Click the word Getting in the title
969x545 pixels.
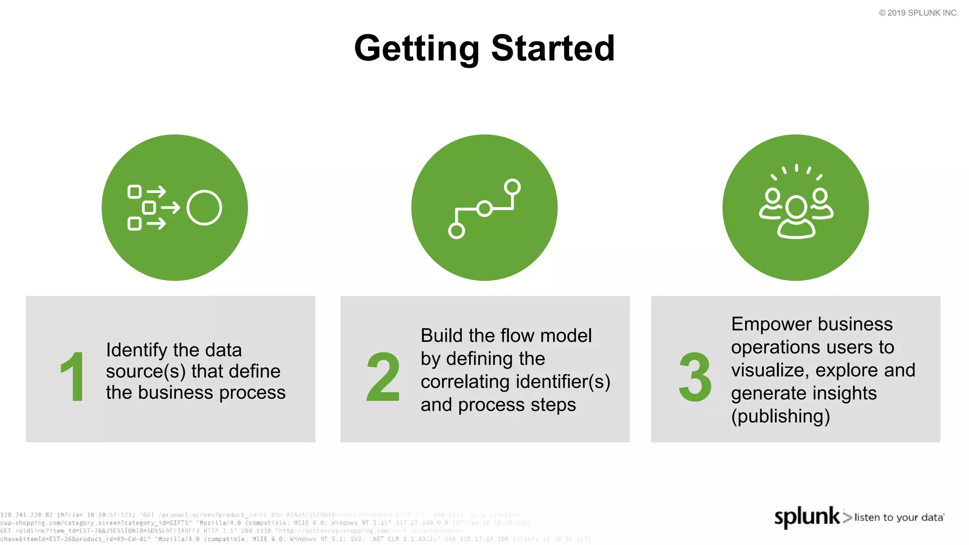pos(416,49)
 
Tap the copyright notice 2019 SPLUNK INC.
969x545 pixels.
pos(918,13)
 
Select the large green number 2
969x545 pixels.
pos(383,377)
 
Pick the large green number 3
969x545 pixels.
pos(695,377)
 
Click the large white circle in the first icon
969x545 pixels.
pos(204,208)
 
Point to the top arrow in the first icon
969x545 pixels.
pos(157,192)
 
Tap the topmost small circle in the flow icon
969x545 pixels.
pos(512,187)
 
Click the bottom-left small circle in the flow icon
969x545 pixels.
pos(456,231)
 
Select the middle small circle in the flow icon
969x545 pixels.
pos(484,209)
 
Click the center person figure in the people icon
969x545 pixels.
pos(796,218)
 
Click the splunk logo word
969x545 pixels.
pos(806,517)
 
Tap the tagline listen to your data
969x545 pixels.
pos(899,518)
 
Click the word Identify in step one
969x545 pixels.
pos(136,351)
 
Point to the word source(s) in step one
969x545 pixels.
pos(145,372)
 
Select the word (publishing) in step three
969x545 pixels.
pos(780,416)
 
